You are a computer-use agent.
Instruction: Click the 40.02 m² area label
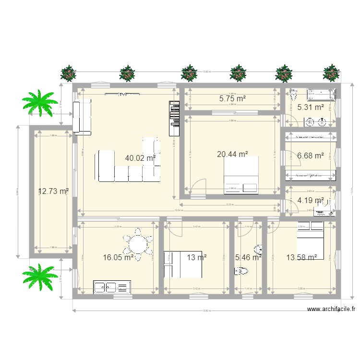[140, 158]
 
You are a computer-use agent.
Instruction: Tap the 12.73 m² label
[53, 191]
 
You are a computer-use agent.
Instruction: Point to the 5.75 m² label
[232, 99]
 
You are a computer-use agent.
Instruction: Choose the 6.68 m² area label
[311, 156]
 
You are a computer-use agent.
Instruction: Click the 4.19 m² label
[310, 201]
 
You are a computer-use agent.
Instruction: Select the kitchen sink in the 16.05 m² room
[106, 288]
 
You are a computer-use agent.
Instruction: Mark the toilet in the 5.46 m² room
[241, 272]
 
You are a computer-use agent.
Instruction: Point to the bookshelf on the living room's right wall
[173, 118]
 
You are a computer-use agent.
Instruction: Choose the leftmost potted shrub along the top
[69, 73]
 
